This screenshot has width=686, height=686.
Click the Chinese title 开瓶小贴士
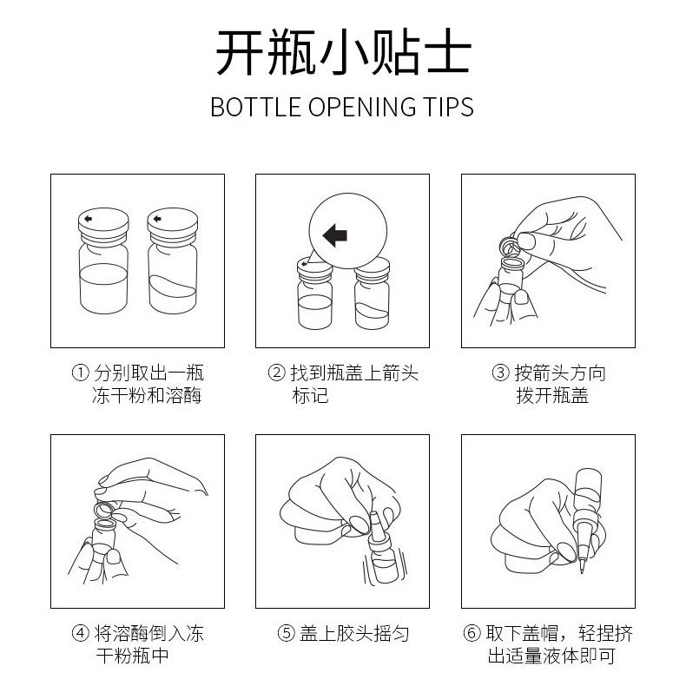(x=344, y=52)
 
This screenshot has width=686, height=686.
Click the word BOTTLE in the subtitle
(x=256, y=107)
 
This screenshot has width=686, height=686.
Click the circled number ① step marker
(x=80, y=373)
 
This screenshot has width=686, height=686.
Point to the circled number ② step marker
(x=276, y=373)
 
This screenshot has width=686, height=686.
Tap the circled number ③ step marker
(x=500, y=373)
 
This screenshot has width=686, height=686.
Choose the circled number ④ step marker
(x=80, y=633)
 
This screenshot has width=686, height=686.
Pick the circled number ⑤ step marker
(x=287, y=633)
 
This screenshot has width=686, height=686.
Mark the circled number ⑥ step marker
(x=472, y=633)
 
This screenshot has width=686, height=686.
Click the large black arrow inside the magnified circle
(x=335, y=235)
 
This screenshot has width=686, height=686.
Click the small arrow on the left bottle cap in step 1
(x=88, y=219)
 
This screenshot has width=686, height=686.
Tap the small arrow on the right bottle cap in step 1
(x=157, y=219)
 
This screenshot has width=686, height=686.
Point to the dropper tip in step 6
(x=583, y=569)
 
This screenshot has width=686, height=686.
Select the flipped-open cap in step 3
(x=510, y=247)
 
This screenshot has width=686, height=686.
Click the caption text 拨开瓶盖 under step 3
(x=552, y=395)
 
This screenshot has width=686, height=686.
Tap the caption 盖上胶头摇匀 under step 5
(x=354, y=633)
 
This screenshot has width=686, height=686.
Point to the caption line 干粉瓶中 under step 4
(x=133, y=656)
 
